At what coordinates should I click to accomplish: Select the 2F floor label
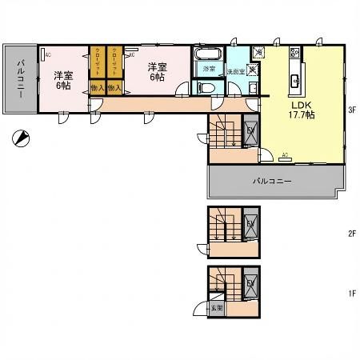350,234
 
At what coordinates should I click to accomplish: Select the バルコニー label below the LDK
272,182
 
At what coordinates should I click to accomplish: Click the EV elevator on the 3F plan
250,133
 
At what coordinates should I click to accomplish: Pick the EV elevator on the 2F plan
250,223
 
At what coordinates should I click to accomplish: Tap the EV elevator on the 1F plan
250,283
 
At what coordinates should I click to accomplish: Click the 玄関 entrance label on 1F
216,306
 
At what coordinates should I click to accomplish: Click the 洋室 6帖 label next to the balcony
63,81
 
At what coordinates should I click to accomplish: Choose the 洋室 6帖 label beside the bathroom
156,74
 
